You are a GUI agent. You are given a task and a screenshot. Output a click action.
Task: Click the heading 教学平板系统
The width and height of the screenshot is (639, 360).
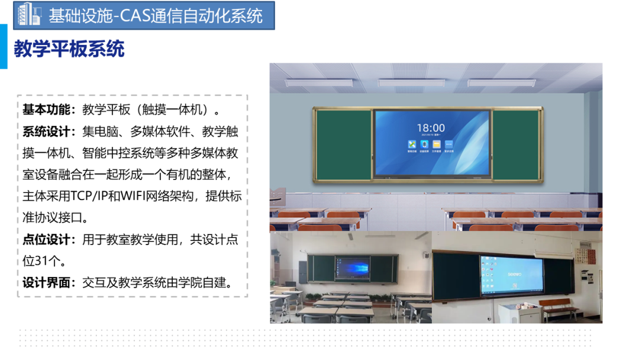click(x=69, y=49)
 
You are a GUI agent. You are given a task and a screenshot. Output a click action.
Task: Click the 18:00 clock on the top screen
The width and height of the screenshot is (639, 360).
click(x=431, y=128)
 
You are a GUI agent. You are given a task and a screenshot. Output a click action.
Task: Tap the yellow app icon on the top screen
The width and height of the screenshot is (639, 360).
click(x=437, y=144)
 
